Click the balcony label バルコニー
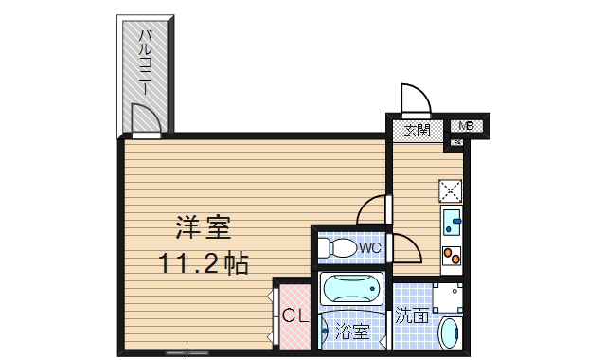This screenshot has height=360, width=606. click(146, 63)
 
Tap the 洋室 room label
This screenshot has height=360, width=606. click(203, 227)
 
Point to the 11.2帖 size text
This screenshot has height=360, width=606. click(203, 263)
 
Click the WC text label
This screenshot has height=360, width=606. click(370, 248)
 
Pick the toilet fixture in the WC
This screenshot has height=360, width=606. click(338, 248)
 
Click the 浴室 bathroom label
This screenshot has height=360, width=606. click(352, 333)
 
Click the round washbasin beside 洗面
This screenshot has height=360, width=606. click(451, 333)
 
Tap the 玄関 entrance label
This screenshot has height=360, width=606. click(418, 129)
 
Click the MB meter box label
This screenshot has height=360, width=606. click(466, 126)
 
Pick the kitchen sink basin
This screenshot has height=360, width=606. click(451, 224)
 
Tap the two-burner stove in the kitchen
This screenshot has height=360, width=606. click(451, 254)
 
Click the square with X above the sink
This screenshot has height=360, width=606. click(451, 191)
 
